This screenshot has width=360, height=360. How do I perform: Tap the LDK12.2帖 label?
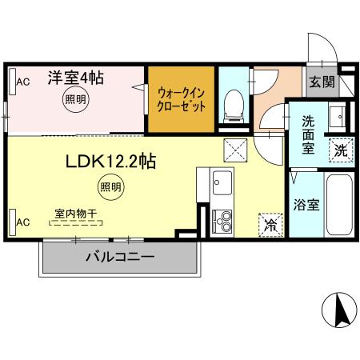click(x=110, y=162)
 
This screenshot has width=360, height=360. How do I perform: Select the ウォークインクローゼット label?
click(x=182, y=98)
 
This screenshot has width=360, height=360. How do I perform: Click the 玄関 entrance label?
click(x=322, y=82)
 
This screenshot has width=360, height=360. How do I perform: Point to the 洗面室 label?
click(x=310, y=134)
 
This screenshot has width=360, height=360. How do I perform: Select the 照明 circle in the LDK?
click(x=111, y=188)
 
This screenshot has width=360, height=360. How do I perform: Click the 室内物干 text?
click(x=76, y=214)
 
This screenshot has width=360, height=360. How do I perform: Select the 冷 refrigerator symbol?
click(x=270, y=225)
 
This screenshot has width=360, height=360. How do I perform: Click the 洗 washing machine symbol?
click(x=341, y=149)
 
